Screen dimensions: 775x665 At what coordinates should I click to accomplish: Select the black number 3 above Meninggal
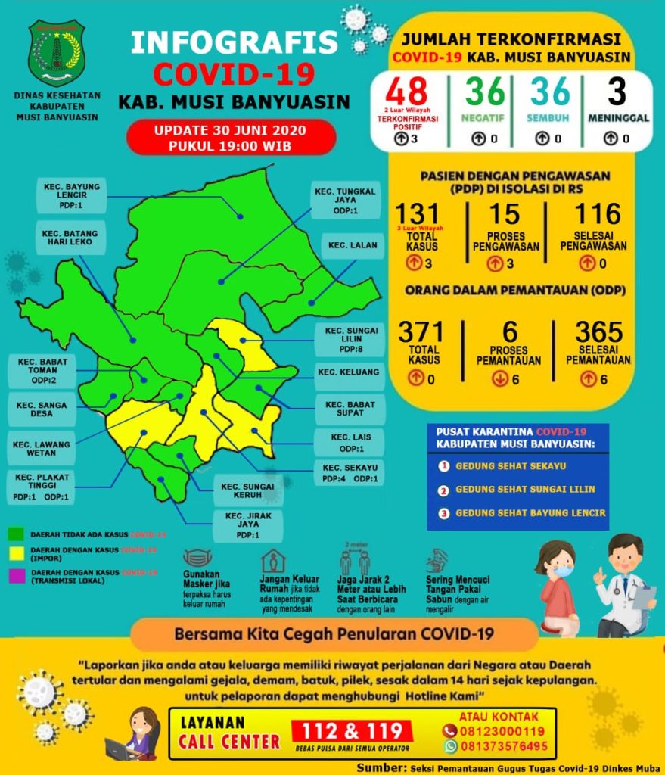(x=617, y=92)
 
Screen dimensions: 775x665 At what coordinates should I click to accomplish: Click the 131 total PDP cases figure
(x=422, y=215)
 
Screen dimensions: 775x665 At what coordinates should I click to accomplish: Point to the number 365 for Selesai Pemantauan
(x=598, y=332)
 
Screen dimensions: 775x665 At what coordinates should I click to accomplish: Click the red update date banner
(x=230, y=137)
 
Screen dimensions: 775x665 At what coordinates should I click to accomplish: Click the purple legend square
(x=16, y=574)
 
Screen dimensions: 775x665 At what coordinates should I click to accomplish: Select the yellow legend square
(x=16, y=552)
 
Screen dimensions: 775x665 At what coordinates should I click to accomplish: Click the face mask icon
(x=197, y=559)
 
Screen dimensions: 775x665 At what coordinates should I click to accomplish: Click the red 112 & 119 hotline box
(x=353, y=731)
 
